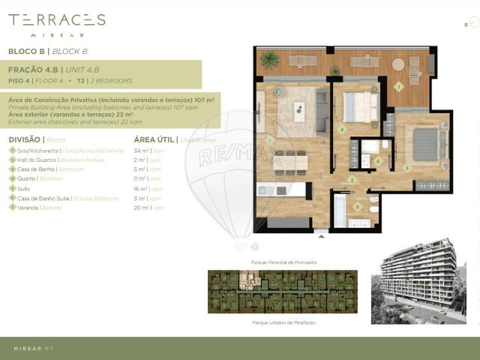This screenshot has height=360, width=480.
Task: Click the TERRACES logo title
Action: click(56, 20)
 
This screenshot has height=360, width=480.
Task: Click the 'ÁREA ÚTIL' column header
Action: click(154, 139)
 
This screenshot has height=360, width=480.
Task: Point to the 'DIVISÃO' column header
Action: click(25, 139)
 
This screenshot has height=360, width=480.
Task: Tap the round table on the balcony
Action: click(398, 64)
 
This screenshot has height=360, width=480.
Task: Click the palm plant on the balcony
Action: click(269, 60)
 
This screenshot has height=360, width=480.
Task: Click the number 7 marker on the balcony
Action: click(399, 86)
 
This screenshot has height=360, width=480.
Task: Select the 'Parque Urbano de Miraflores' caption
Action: click(283, 321)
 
